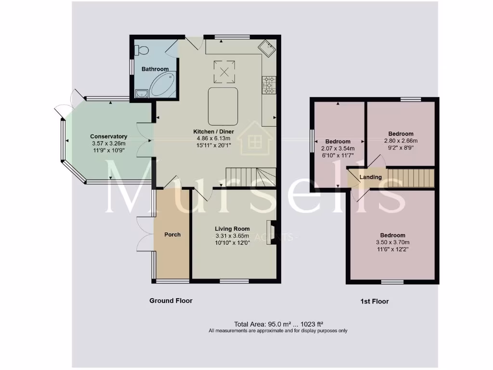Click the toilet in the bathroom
pyautogui.click(x=141, y=50)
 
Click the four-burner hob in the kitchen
pyautogui.click(x=269, y=85)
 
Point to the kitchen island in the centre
pyautogui.click(x=223, y=106)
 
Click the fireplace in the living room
pyautogui.click(x=271, y=232)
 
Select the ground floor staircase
pyautogui.click(x=250, y=177)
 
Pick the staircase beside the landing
pyautogui.click(x=410, y=178)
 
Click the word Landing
pyautogui.click(x=371, y=177)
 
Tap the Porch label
pyautogui.click(x=172, y=235)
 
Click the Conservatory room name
pyautogui.click(x=108, y=136)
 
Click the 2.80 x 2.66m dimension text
pyautogui.click(x=401, y=141)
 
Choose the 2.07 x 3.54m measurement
pyautogui.click(x=337, y=148)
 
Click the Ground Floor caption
pyautogui.click(x=170, y=301)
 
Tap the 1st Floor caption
pyautogui.click(x=374, y=302)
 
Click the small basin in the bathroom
pyautogui.click(x=141, y=93)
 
